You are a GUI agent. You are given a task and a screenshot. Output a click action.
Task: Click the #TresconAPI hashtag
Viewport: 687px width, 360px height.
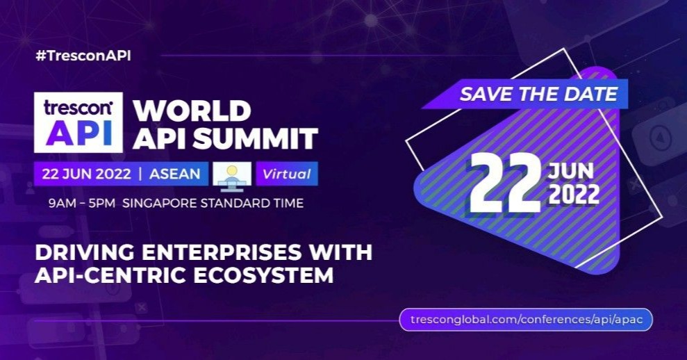point(83,56)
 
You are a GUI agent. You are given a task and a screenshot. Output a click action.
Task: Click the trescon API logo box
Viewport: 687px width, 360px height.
point(78,123)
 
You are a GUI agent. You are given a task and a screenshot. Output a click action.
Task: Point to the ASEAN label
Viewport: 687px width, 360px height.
point(174,174)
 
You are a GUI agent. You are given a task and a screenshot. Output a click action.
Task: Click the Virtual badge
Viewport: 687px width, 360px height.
point(287,174)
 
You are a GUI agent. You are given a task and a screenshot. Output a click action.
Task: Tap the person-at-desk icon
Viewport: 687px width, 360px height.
point(232,174)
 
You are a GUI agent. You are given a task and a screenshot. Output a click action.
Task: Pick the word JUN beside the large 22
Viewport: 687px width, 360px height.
point(572,171)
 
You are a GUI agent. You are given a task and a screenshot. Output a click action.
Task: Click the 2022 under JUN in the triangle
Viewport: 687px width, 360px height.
point(572,195)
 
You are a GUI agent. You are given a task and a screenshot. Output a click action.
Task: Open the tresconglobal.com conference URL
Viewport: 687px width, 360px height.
point(526,320)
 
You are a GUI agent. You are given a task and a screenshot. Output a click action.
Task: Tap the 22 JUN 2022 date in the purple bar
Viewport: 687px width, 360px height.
point(86,174)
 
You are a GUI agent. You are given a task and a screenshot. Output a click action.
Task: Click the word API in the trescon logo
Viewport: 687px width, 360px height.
point(78,133)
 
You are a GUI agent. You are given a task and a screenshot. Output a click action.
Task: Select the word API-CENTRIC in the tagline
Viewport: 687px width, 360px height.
point(105,275)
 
